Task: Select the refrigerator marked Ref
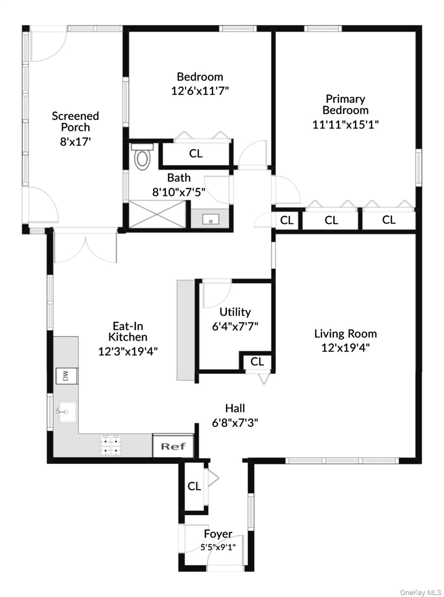(173, 446)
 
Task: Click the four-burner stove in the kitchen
(112, 446)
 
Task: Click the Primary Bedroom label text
(345, 105)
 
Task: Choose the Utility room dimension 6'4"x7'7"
(235, 326)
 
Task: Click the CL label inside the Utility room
(257, 361)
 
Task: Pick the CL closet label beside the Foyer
(194, 486)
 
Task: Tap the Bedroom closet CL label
(196, 154)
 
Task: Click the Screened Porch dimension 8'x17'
(75, 141)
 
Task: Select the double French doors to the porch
(85, 248)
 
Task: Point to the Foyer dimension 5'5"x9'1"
(218, 547)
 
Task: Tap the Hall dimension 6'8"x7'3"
(235, 422)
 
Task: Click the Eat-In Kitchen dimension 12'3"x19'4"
(128, 351)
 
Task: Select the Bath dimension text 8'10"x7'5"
(179, 192)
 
